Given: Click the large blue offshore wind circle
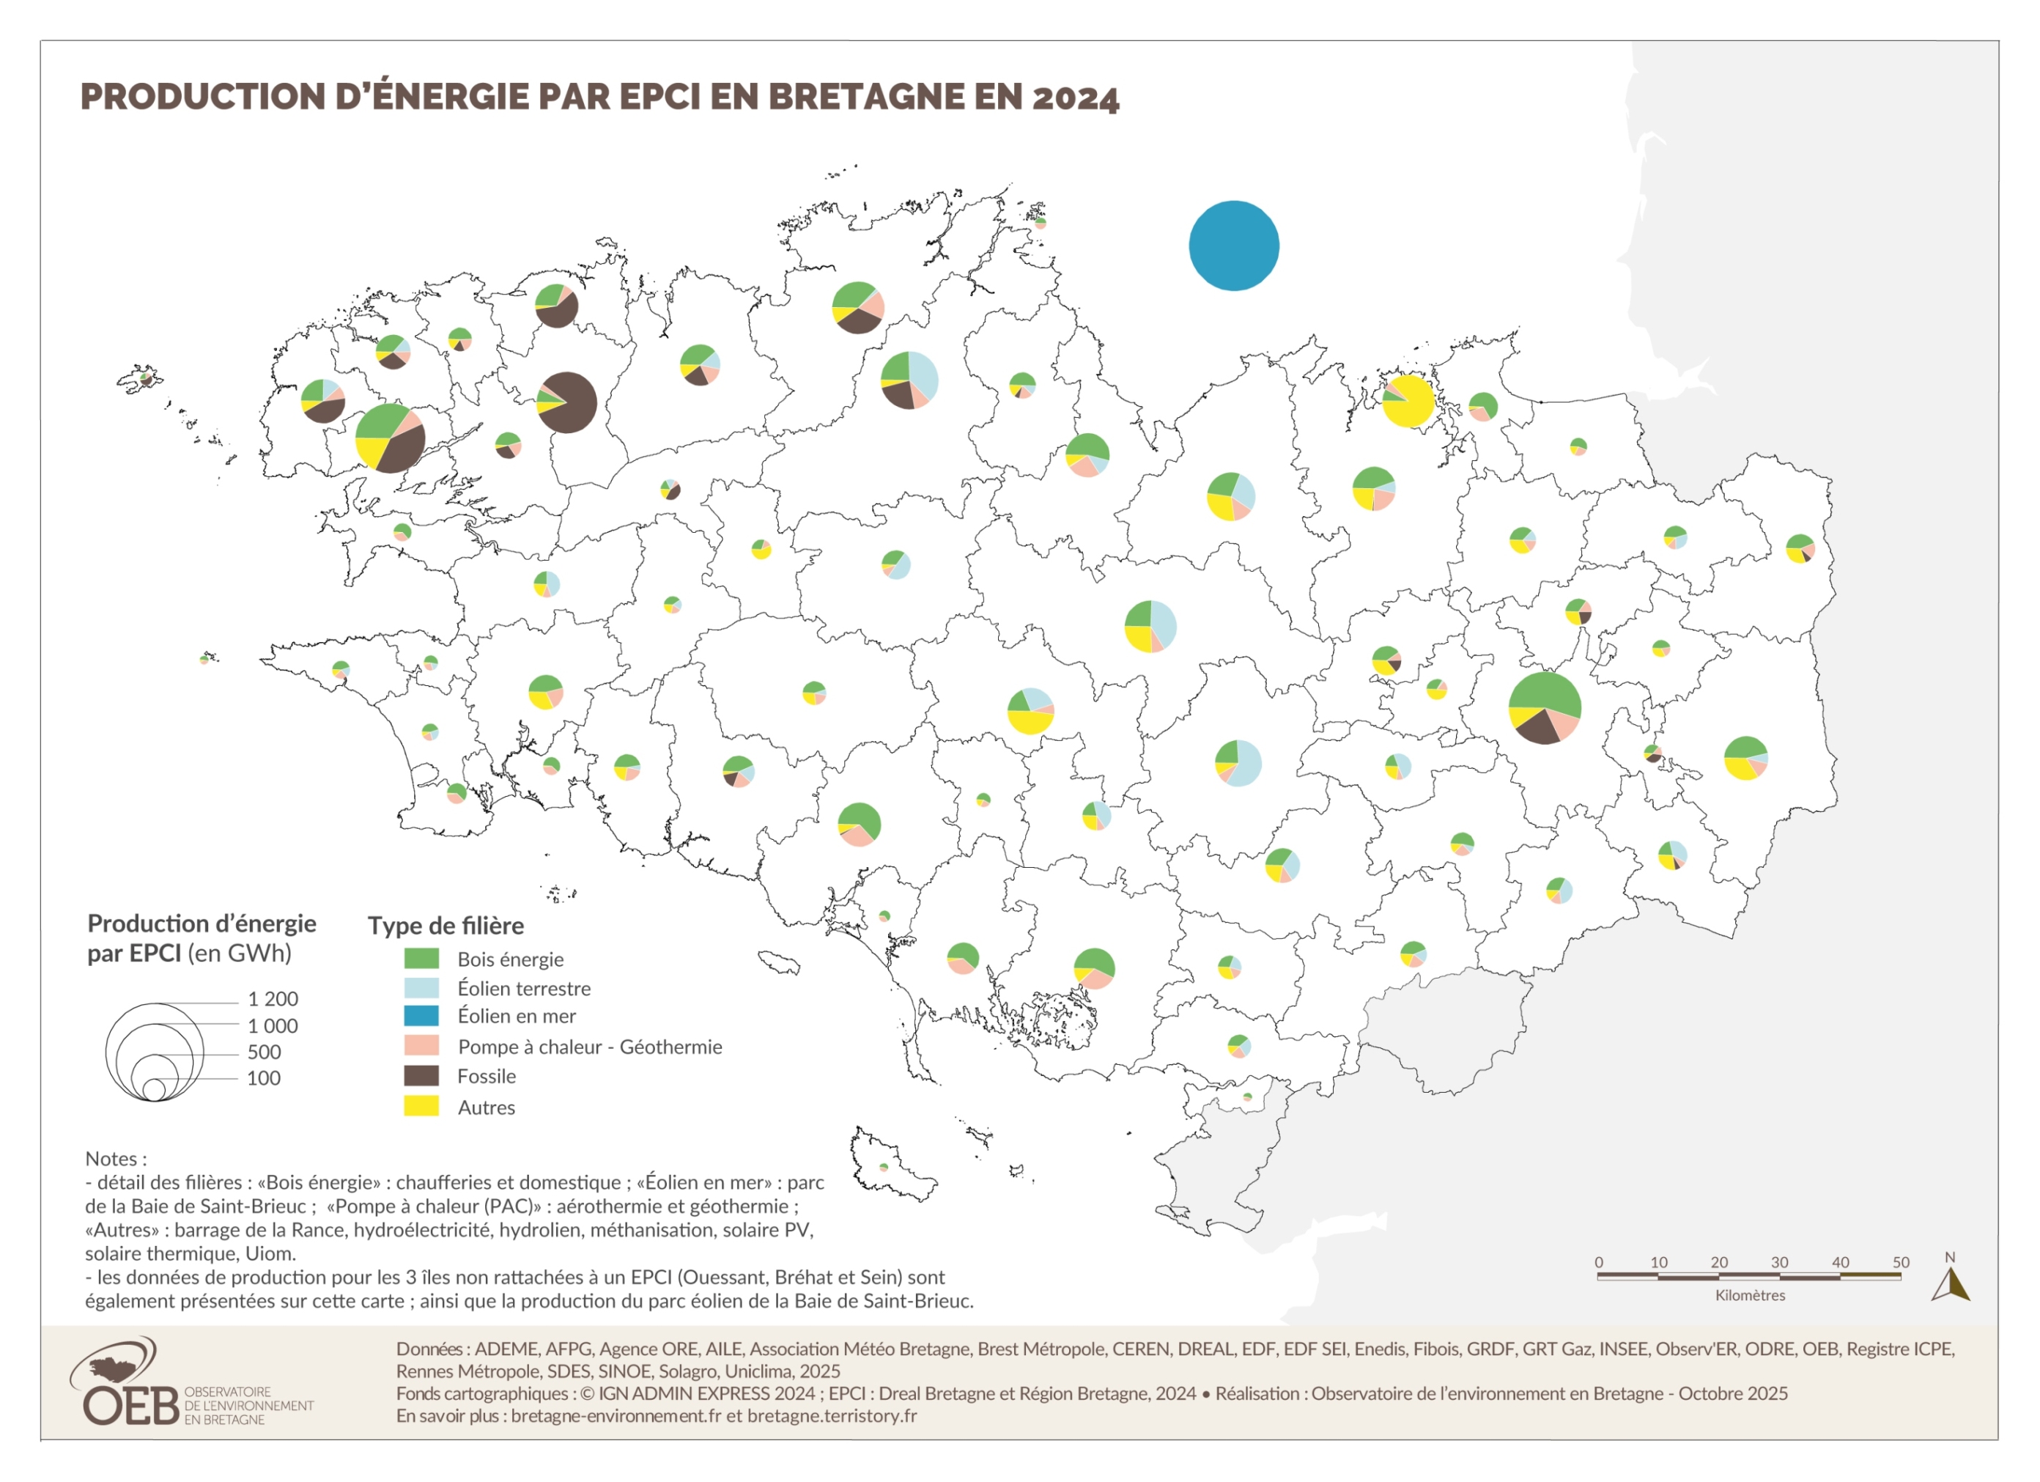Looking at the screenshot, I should [1233, 246].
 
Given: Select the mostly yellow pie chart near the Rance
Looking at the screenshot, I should [1408, 402].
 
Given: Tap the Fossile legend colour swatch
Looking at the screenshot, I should [421, 1076].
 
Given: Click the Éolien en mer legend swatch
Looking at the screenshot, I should [421, 1016].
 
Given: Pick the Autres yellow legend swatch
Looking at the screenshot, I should [421, 1107].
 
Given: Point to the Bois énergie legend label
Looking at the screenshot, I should [510, 959].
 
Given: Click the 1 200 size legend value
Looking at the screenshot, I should [273, 999].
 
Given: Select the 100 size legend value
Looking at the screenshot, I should [264, 1078].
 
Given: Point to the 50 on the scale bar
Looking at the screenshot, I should [1900, 1261].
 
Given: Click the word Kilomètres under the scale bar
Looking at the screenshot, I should [1750, 1295].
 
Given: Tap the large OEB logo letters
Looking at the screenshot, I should [130, 1407].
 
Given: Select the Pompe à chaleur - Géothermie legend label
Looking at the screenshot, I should [589, 1047].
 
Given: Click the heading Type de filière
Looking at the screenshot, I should [446, 925].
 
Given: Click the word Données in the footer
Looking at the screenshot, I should [430, 1348].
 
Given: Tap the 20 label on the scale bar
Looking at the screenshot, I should [1719, 1261].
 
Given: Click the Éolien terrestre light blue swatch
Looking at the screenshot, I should [421, 988].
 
